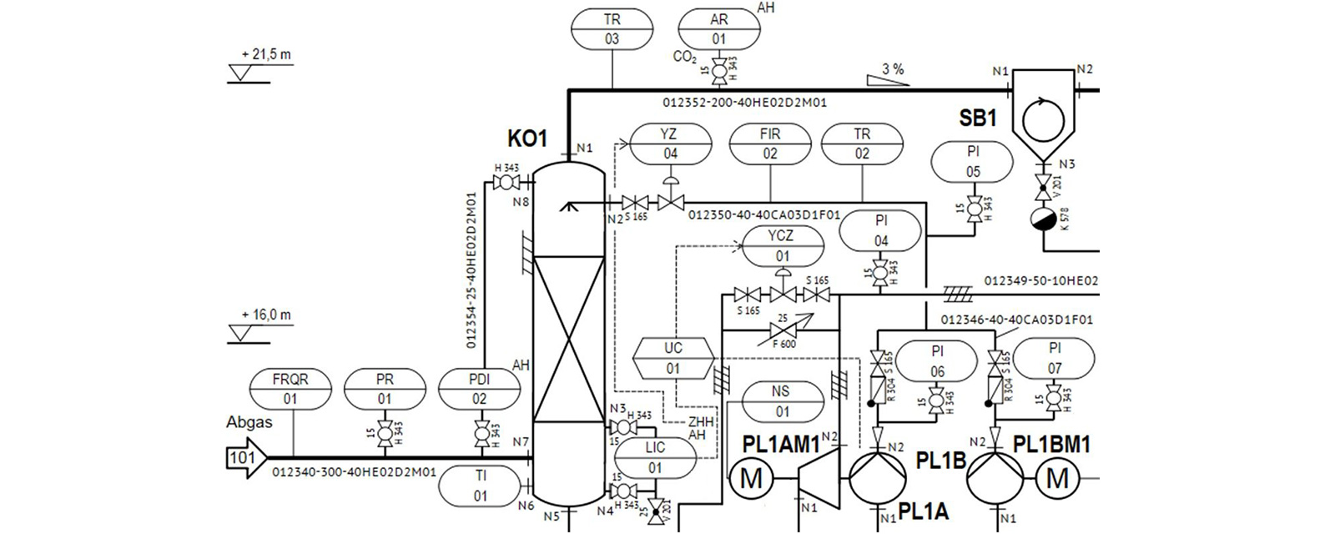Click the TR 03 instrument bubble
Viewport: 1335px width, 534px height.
click(612, 29)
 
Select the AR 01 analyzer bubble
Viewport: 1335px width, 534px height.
click(718, 29)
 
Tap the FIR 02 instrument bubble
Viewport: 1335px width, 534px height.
click(769, 144)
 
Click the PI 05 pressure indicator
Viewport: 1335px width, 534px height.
click(973, 162)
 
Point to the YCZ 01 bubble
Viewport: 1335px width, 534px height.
click(782, 246)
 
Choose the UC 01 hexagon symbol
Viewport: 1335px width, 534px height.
click(673, 358)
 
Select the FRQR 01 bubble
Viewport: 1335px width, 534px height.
click(290, 390)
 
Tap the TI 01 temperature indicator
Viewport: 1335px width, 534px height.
click(480, 486)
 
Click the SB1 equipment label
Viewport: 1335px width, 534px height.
click(978, 118)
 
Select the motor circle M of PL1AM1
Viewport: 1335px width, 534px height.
click(752, 479)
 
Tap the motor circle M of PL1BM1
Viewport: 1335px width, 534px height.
click(1057, 479)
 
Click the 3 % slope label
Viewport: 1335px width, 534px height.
click(892, 70)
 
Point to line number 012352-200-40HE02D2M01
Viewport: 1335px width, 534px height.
click(745, 103)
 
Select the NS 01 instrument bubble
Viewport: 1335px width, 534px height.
click(782, 400)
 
